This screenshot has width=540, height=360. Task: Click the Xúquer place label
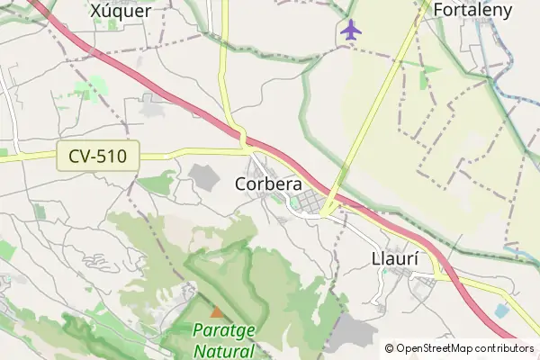click(120, 10)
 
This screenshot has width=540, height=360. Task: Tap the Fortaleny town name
click(472, 10)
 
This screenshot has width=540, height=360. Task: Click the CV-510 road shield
click(97, 157)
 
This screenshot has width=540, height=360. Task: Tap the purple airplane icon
click(351, 30)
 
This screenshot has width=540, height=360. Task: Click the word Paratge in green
click(223, 330)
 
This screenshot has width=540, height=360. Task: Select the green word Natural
click(223, 350)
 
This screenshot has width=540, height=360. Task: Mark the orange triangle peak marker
click(216, 311)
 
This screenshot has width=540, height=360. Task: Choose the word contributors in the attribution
click(505, 348)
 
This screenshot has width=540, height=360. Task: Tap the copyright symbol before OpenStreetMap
click(389, 348)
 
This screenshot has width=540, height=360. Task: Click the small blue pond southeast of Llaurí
click(501, 310)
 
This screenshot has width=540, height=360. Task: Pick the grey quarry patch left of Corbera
click(206, 176)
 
